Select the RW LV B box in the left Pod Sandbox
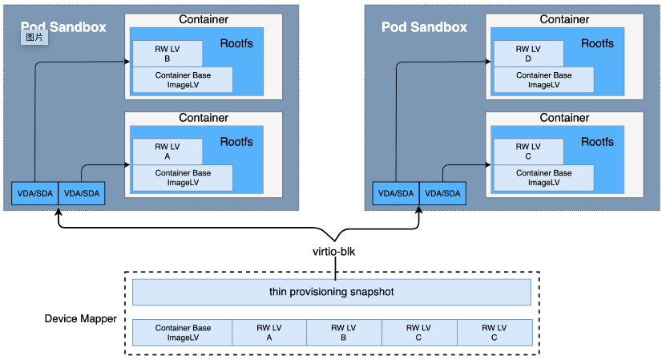pyautogui.click(x=168, y=54)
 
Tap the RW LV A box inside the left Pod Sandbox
pyautogui.click(x=168, y=152)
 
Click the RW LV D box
pyautogui.click(x=528, y=54)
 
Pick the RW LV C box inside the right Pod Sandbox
pyautogui.click(x=528, y=152)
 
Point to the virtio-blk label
pyautogui.click(x=333, y=252)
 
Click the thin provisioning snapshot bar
pyautogui.click(x=331, y=292)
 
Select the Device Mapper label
pyautogui.click(x=80, y=319)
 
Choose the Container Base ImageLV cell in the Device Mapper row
pyautogui.click(x=183, y=333)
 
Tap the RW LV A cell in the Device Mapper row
pyautogui.click(x=269, y=333)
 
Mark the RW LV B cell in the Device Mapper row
pyautogui.click(x=344, y=333)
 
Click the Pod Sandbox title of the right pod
pyautogui.click(x=424, y=26)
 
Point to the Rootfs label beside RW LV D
pyautogui.click(x=597, y=43)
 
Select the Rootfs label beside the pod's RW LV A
pyautogui.click(x=236, y=142)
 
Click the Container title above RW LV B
pyautogui.click(x=204, y=19)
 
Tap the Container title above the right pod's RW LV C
pyautogui.click(x=564, y=118)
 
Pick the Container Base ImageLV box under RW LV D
pyautogui.click(x=543, y=79)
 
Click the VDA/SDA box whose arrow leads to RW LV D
pyautogui.click(x=395, y=192)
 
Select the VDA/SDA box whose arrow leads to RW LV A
pyautogui.click(x=81, y=192)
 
